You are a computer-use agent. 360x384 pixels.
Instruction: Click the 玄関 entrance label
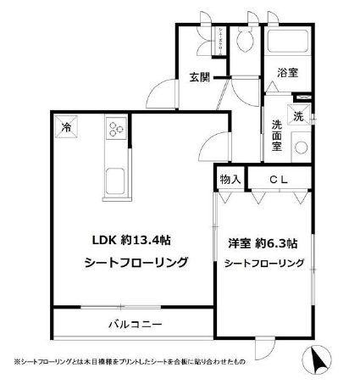(x=199, y=78)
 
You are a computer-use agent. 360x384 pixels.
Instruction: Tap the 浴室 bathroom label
(x=287, y=74)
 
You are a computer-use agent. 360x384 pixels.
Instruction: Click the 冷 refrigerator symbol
(x=65, y=129)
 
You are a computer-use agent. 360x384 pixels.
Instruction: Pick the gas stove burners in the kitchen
(x=115, y=130)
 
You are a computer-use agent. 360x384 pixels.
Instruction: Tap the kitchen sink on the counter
(x=114, y=180)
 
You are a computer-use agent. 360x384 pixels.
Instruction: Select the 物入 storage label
(x=230, y=179)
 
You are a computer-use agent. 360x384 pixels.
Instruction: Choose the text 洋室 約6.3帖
(x=263, y=243)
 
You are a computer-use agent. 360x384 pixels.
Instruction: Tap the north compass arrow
(x=321, y=361)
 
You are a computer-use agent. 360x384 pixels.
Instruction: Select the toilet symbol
(x=245, y=41)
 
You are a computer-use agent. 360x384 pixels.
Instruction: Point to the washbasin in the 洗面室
(x=300, y=146)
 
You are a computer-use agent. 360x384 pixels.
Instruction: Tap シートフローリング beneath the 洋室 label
(x=263, y=264)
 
